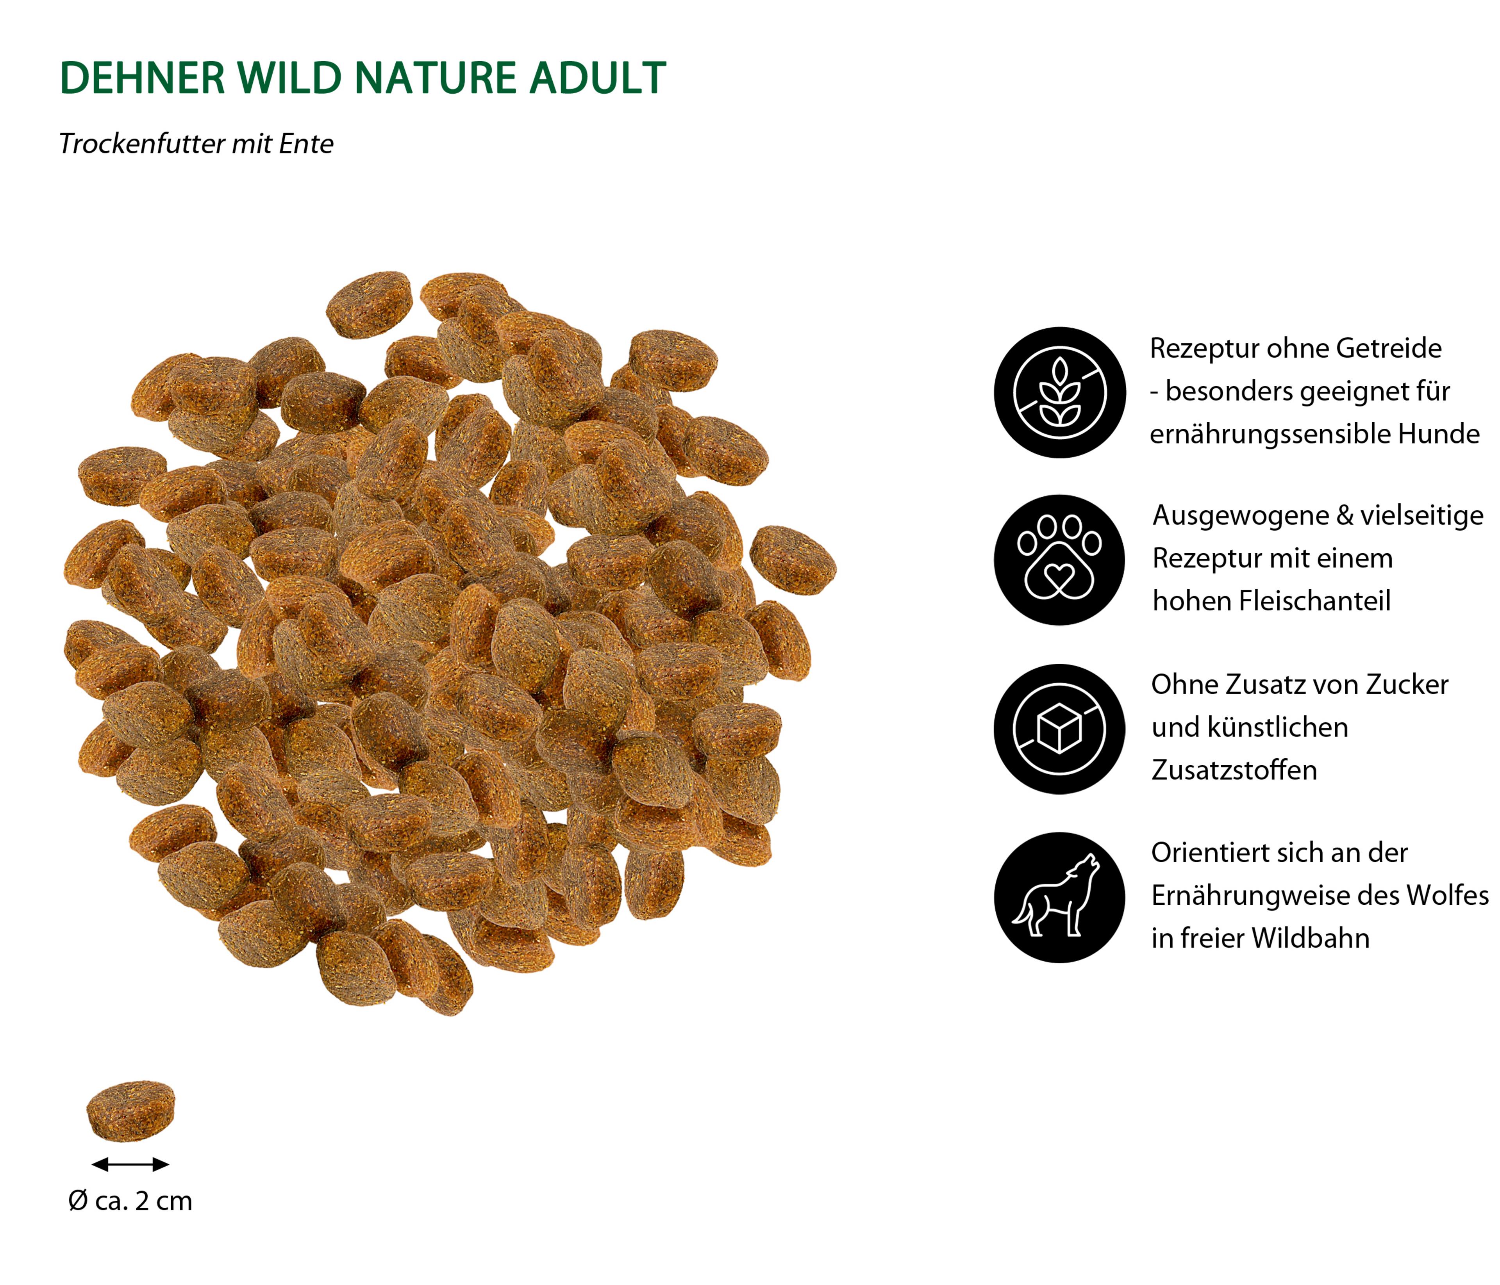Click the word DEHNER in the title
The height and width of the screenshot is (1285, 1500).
click(x=143, y=78)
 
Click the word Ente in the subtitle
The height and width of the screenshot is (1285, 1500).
click(x=306, y=144)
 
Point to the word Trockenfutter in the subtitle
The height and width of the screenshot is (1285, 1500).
click(x=141, y=144)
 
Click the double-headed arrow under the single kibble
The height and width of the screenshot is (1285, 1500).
click(x=130, y=1164)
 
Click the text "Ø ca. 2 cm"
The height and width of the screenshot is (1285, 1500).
click(x=130, y=1201)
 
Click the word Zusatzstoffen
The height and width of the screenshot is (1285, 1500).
click(x=1234, y=770)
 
